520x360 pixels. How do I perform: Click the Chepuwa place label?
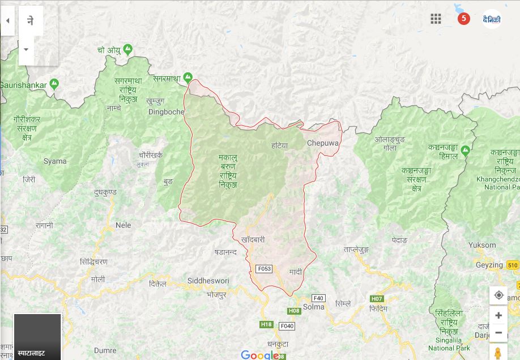click(322, 143)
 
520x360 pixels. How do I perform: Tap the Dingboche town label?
click(166, 112)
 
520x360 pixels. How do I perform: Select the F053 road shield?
click(264, 268)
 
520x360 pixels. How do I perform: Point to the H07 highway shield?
click(377, 299)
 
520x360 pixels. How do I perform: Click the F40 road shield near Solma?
click(318, 298)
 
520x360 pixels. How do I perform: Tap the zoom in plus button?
click(498, 316)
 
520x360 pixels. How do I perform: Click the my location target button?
click(498, 295)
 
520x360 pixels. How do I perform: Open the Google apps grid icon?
click(436, 19)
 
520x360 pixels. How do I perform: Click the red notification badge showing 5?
click(464, 19)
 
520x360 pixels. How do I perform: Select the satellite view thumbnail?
click(37, 336)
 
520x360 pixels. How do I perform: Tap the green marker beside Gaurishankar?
click(54, 84)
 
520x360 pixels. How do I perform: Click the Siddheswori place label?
click(208, 281)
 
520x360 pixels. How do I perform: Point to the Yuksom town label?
click(482, 245)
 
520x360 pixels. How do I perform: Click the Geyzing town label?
click(489, 265)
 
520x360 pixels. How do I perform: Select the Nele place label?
click(123, 225)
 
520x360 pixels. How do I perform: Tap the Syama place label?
click(55, 161)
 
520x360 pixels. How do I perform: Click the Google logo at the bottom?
click(260, 355)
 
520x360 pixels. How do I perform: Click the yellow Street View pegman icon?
click(498, 353)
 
